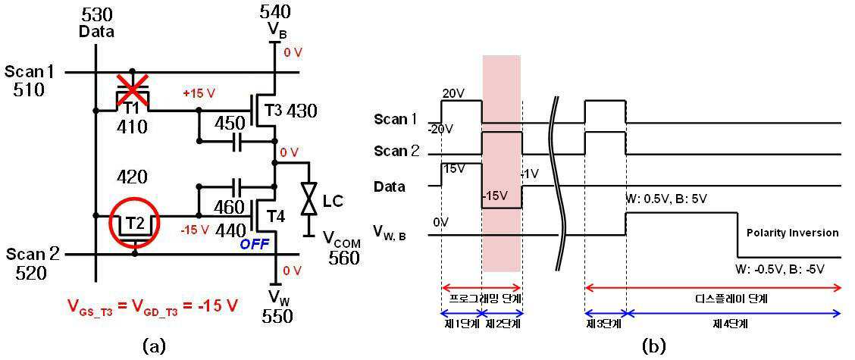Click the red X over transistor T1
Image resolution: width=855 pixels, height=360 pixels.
coord(133,89)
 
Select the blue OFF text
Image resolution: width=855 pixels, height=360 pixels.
coord(255,245)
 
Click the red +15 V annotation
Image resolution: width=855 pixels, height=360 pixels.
coord(200,93)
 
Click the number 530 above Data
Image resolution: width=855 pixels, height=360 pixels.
coord(96,14)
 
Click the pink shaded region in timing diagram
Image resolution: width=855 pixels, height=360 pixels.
coord(502,163)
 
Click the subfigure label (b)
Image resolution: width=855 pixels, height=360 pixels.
coord(654,346)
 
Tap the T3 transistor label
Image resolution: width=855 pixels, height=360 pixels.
coord(275,110)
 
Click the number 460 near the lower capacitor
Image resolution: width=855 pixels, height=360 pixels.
coord(230,207)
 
